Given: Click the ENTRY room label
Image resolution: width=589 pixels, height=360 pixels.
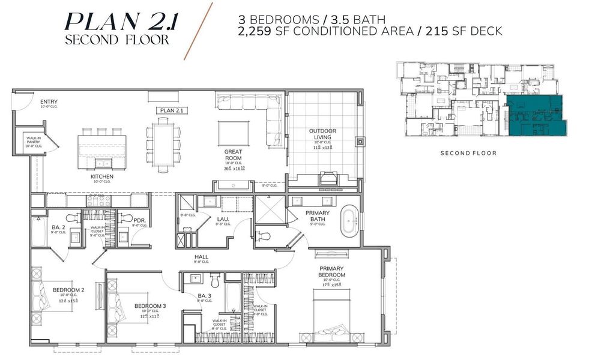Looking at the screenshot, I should click(x=49, y=102).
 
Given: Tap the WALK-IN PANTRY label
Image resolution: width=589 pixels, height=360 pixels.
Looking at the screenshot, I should click(x=34, y=141).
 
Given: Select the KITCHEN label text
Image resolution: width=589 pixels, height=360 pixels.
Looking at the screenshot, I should click(x=101, y=176).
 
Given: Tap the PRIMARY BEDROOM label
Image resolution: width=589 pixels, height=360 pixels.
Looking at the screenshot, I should click(x=331, y=272).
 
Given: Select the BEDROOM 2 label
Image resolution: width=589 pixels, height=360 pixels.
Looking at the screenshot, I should click(x=68, y=290).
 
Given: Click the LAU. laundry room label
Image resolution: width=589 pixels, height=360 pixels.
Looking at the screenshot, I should click(x=222, y=219).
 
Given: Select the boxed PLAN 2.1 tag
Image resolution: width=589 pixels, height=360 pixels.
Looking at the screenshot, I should click(x=172, y=110).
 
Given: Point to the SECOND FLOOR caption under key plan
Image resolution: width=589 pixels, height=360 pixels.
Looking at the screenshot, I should click(x=468, y=153).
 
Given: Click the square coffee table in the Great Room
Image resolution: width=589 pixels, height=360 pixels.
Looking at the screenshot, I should click(x=234, y=131).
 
